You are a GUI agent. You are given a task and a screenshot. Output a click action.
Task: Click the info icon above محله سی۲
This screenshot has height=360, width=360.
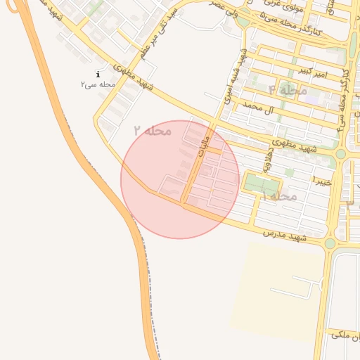98,74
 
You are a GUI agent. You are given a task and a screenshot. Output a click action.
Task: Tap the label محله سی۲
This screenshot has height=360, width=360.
98,84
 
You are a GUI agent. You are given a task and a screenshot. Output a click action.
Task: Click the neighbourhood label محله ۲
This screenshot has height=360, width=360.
153,130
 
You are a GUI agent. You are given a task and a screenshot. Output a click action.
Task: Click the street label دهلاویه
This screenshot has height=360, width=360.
267,160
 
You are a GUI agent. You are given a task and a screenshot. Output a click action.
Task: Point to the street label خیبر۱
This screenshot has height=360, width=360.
321,181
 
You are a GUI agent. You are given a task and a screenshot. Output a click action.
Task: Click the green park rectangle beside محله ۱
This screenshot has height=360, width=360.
259,184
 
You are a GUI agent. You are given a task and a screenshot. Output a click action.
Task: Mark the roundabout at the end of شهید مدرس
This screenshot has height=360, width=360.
330,243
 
